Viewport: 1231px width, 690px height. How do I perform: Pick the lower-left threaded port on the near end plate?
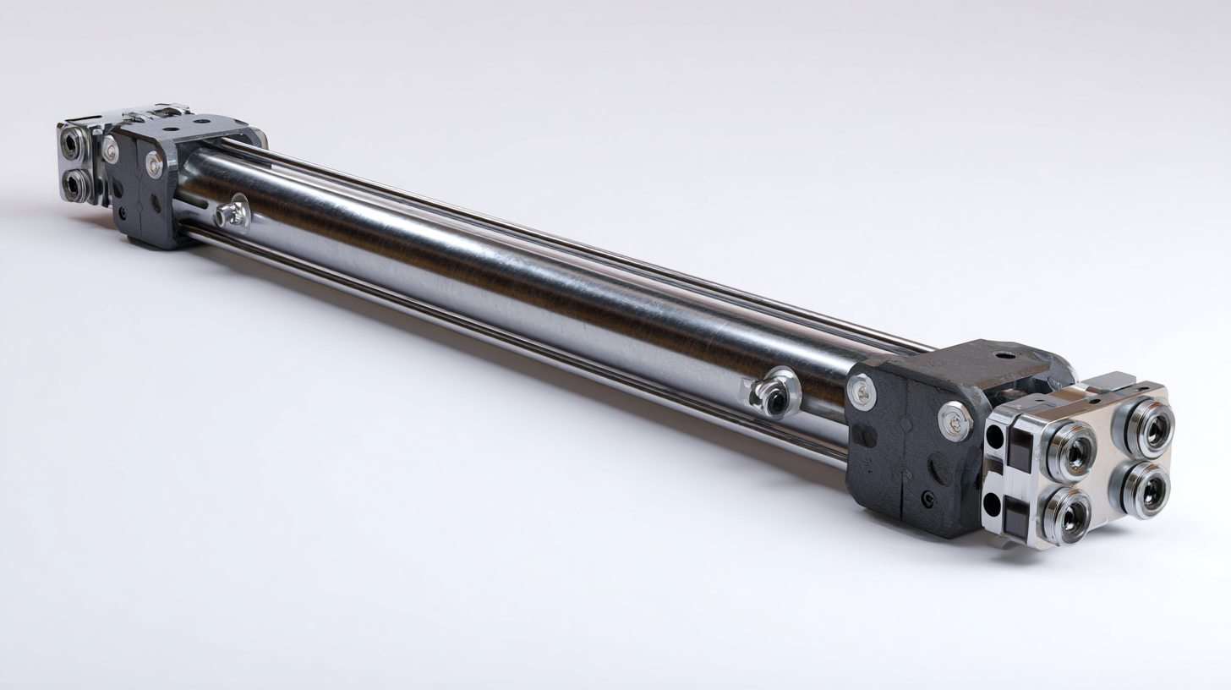(x=1066, y=515)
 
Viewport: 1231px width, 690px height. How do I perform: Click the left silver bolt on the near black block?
(x=862, y=392)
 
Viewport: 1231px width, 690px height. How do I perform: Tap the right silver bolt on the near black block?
(x=955, y=420)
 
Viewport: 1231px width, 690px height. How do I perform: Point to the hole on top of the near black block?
(x=1001, y=355)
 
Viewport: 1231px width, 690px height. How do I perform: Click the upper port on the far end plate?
(x=73, y=145)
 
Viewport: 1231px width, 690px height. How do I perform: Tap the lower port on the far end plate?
(x=76, y=184)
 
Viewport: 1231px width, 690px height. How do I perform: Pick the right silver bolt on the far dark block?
(x=155, y=164)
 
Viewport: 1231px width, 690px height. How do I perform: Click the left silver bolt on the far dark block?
(x=111, y=149)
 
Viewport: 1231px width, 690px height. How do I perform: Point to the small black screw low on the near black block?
(x=928, y=499)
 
